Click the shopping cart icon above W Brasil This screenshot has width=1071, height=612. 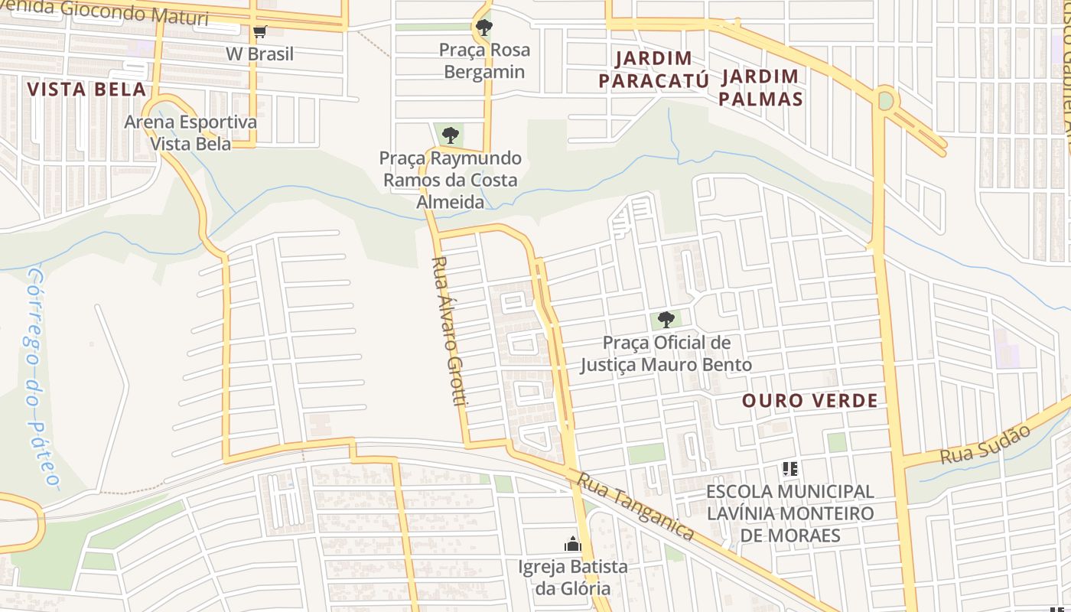(x=259, y=31)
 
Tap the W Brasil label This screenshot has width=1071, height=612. (x=259, y=54)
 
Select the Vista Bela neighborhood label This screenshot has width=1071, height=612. (x=86, y=89)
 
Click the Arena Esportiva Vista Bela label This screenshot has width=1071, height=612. (x=190, y=132)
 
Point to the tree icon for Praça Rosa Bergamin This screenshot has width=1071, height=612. (x=483, y=28)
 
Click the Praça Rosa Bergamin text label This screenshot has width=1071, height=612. (x=484, y=61)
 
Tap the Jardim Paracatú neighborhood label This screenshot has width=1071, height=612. (x=654, y=70)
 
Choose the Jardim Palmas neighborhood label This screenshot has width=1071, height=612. (x=760, y=87)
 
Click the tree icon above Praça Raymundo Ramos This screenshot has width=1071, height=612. (x=451, y=136)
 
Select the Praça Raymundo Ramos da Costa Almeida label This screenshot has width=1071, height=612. (x=451, y=181)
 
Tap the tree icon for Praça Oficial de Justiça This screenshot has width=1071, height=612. (x=666, y=320)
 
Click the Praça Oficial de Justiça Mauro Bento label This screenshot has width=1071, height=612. (x=666, y=353)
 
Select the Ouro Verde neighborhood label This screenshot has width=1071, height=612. (x=809, y=401)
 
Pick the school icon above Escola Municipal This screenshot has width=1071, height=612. (x=790, y=468)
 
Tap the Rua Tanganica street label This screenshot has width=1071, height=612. (x=635, y=506)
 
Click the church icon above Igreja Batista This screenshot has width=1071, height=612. (x=572, y=545)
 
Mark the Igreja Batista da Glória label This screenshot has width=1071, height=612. (x=572, y=578)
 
